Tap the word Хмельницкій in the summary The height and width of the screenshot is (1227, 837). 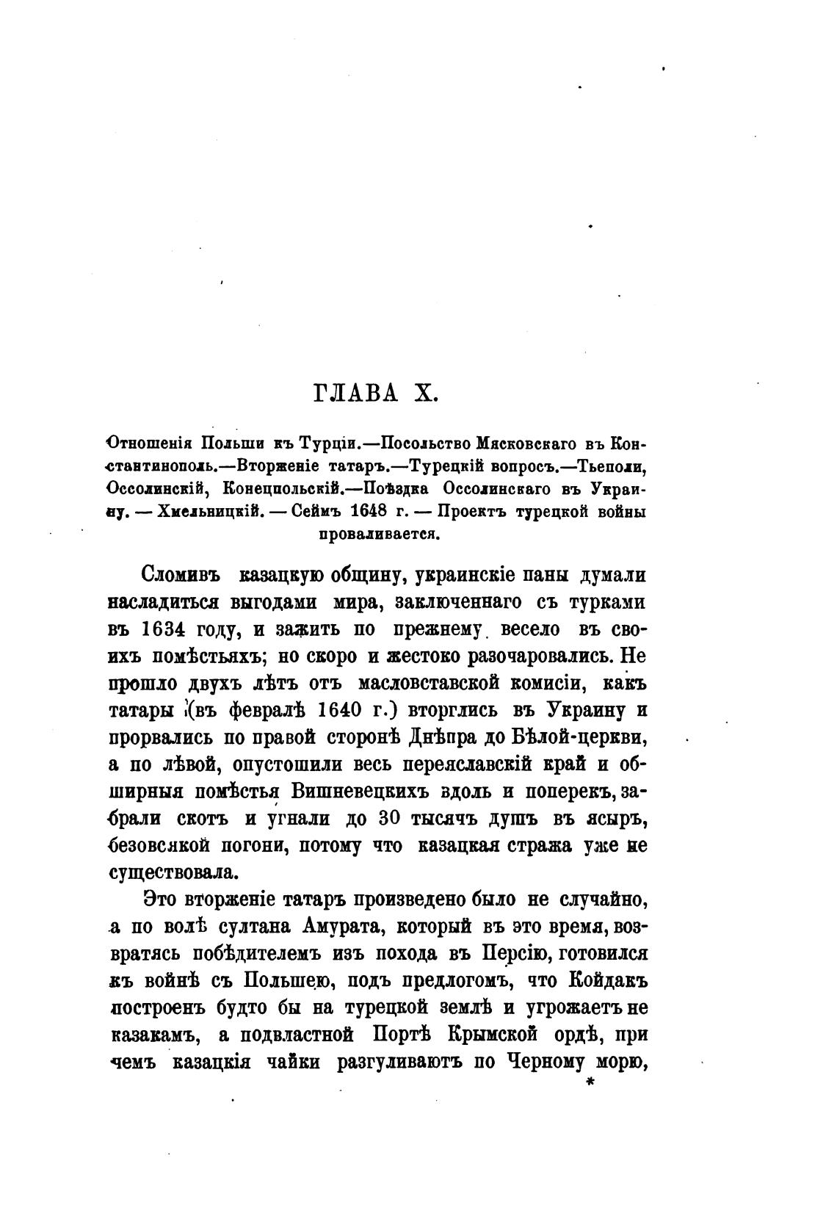(205, 513)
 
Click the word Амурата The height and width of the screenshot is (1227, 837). (336, 926)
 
